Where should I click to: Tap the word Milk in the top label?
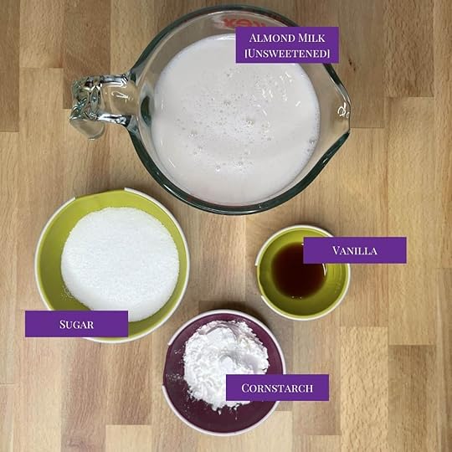[312, 38]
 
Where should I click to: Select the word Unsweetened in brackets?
[287, 54]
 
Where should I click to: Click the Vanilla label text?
[355, 250]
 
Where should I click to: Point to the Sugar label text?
[77, 324]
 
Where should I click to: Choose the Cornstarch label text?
[277, 388]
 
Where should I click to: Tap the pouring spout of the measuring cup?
[342, 111]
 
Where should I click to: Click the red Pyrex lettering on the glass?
[235, 22]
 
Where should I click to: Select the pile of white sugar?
[120, 264]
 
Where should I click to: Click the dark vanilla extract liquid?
[298, 272]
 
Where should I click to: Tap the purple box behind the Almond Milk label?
[287, 44]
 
